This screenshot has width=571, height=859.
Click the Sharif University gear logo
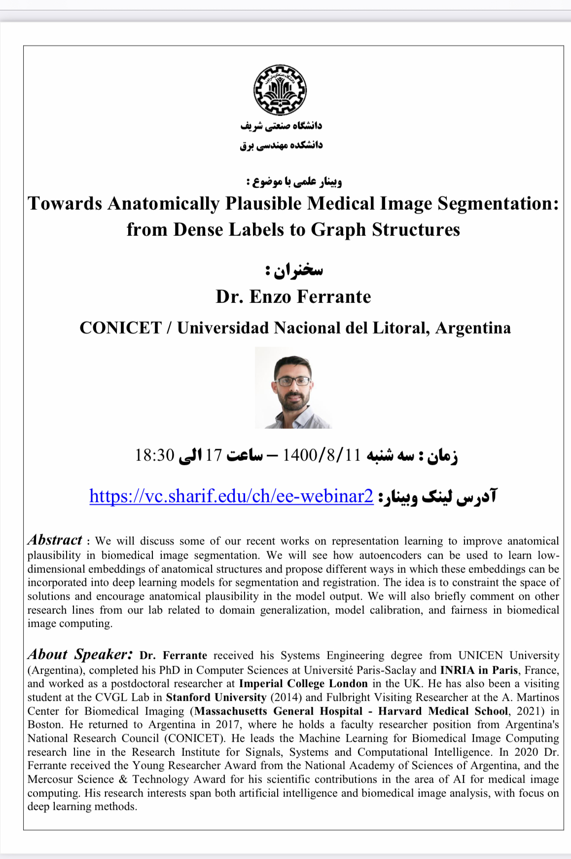(280, 90)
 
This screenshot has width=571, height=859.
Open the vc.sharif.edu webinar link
(231, 496)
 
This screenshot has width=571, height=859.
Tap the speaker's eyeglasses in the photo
(293, 381)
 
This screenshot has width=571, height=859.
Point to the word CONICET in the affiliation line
(121, 328)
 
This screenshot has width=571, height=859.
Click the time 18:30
(155, 455)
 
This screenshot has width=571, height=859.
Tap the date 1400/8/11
(321, 455)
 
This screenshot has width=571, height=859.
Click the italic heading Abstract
(55, 540)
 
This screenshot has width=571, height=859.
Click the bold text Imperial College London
(303, 684)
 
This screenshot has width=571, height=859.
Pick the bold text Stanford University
(216, 698)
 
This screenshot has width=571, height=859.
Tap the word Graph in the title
(338, 230)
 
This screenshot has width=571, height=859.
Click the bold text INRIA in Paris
(479, 670)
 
